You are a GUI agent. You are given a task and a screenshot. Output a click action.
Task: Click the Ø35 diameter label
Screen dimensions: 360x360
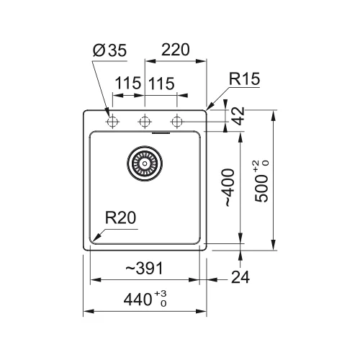point(109,50)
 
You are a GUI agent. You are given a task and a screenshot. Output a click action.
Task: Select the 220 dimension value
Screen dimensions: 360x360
point(176,50)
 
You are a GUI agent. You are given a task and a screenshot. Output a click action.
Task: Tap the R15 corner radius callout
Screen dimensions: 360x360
point(244,78)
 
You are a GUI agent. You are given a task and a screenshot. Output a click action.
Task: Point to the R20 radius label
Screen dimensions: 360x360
point(120,217)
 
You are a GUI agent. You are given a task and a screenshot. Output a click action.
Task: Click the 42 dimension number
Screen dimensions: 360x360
point(238,116)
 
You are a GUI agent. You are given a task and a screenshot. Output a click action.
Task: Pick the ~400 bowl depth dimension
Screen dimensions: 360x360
point(228,188)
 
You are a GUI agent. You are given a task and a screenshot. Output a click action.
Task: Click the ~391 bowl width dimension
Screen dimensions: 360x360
point(144,268)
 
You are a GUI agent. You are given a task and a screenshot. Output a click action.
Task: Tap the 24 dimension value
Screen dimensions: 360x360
point(240,277)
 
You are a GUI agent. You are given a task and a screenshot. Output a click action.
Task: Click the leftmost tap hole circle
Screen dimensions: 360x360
point(112,122)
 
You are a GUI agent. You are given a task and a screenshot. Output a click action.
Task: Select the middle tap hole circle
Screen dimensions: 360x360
point(145,122)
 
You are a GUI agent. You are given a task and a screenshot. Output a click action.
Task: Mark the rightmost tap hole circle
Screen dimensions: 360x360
point(177,122)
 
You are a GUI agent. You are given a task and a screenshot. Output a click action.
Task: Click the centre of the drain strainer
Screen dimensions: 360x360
point(145,163)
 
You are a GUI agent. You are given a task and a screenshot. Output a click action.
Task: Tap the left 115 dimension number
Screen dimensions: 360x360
point(127,83)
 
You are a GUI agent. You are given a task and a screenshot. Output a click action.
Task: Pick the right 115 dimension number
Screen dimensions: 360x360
point(161,84)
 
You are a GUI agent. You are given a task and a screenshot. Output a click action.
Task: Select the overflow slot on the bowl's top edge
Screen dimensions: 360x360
point(161,132)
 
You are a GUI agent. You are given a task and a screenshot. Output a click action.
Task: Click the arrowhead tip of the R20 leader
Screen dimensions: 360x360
point(93,240)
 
